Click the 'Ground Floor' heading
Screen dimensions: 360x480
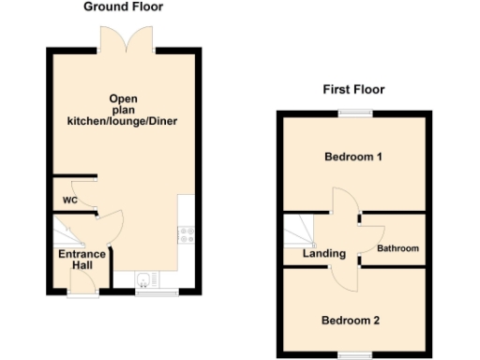(123, 7)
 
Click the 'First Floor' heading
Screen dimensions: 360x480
(353, 90)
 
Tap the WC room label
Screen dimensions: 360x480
(69, 200)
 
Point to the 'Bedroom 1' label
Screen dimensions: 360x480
(353, 157)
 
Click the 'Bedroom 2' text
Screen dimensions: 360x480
(351, 321)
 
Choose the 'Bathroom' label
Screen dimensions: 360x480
(398, 248)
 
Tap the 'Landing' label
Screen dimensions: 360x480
(323, 253)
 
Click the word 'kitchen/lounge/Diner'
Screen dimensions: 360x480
(122, 121)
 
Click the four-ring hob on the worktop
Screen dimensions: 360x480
(186, 235)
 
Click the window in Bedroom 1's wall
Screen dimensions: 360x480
(353, 114)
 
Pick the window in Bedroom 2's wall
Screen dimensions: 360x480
(353, 355)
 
